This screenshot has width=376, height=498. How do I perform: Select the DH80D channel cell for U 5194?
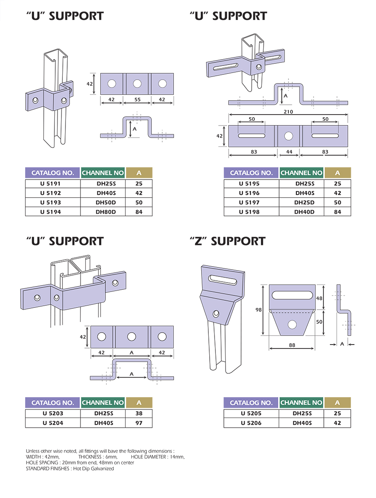tap(103, 212)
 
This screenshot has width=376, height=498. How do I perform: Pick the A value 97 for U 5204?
tap(139, 423)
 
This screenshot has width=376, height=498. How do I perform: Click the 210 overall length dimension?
tap(288, 111)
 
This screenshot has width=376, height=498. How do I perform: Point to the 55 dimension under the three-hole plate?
tap(137, 100)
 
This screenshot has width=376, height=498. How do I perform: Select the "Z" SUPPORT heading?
tap(227, 241)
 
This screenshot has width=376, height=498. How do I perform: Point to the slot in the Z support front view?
tap(292, 295)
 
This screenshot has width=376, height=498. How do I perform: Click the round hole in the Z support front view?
tap(292, 325)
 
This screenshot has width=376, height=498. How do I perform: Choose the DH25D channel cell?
tap(302, 203)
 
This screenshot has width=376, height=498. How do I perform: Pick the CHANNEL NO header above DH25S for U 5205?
tap(302, 402)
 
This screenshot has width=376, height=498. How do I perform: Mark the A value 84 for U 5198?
tap(338, 212)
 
